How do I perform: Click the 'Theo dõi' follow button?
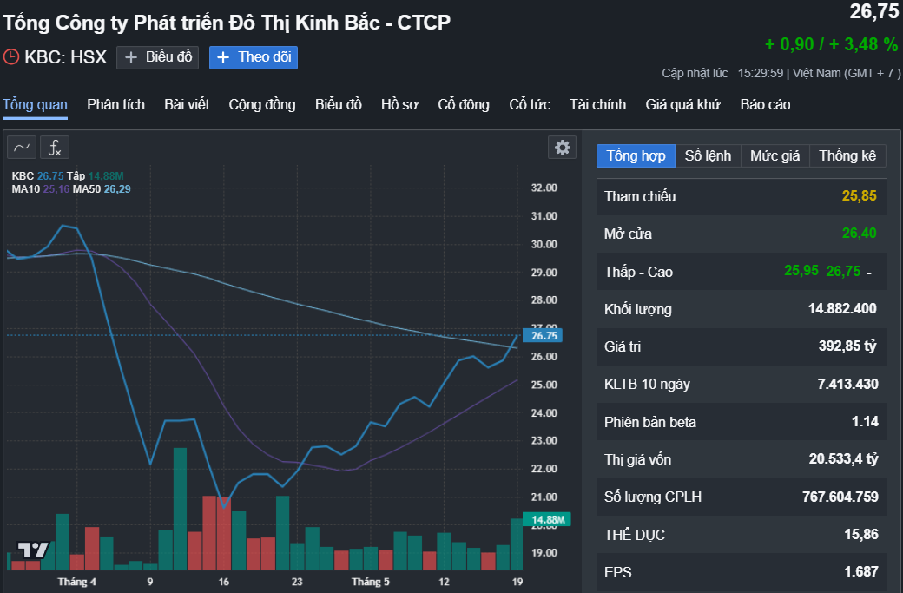[254, 57]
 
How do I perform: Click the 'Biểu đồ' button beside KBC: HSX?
[158, 57]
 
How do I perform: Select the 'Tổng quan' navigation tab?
[35, 105]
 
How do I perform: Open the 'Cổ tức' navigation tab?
[530, 105]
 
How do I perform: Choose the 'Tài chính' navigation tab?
[597, 105]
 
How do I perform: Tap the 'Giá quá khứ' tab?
[682, 105]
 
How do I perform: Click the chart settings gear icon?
[563, 148]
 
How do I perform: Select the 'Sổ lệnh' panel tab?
[708, 156]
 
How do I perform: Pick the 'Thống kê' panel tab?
[847, 156]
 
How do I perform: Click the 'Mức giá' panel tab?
[774, 156]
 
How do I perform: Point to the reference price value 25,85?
[859, 196]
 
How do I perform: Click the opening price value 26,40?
[859, 234]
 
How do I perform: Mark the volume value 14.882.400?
[842, 309]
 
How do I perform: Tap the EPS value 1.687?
[860, 572]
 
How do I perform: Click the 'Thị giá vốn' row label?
[638, 459]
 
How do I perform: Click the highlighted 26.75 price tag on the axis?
[544, 336]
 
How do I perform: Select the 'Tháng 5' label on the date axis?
[370, 581]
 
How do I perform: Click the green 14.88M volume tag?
[547, 520]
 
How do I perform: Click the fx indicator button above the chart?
[55, 148]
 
